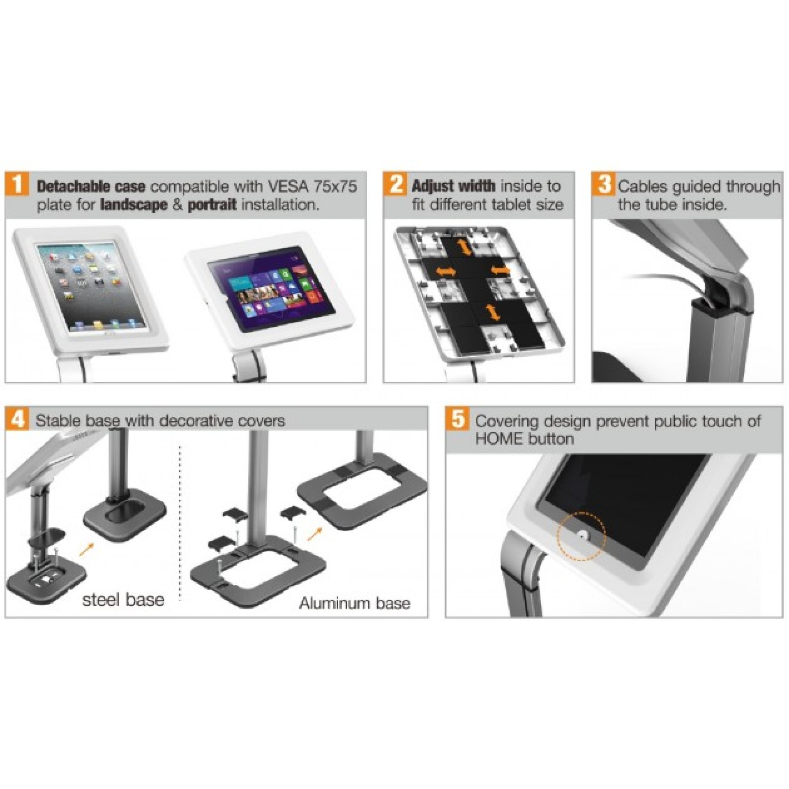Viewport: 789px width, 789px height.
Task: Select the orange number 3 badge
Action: tap(604, 185)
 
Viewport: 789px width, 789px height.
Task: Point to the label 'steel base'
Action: tap(123, 600)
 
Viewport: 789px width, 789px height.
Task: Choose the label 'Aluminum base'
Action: tap(354, 603)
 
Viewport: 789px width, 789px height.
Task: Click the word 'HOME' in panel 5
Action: tap(498, 438)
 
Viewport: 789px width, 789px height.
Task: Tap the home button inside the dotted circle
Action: tap(582, 535)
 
